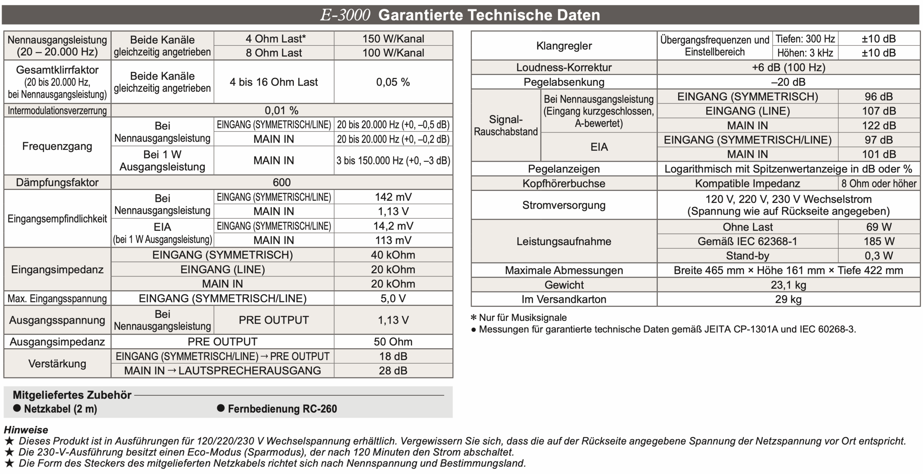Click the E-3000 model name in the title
pyautogui.click(x=345, y=15)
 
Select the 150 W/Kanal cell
pyautogui.click(x=393, y=39)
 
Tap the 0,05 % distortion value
pyautogui.click(x=393, y=82)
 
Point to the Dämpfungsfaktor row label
pyautogui.click(x=57, y=182)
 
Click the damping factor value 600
pyautogui.click(x=282, y=182)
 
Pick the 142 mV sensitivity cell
pyautogui.click(x=393, y=197)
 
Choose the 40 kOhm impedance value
pyautogui.click(x=393, y=255)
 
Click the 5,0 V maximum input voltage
pyautogui.click(x=393, y=298)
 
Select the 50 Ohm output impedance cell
pyautogui.click(x=393, y=342)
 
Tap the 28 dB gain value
pyautogui.click(x=393, y=371)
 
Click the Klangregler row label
pyautogui.click(x=564, y=46)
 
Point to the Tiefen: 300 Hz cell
pyautogui.click(x=805, y=39)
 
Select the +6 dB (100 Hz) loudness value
pyautogui.click(x=788, y=67)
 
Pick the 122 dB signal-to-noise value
pyautogui.click(x=879, y=125)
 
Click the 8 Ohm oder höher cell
pyautogui.click(x=879, y=183)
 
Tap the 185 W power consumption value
pyautogui.click(x=879, y=241)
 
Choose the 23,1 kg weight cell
pyautogui.click(x=788, y=285)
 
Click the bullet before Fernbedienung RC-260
pyautogui.click(x=221, y=408)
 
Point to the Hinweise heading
pyautogui.click(x=26, y=430)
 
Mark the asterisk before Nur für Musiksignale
pyautogui.click(x=474, y=318)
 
